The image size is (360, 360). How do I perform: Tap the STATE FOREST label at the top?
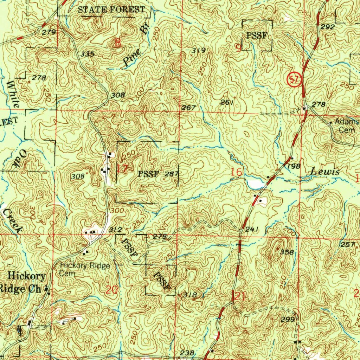pyautogui.click(x=111, y=9)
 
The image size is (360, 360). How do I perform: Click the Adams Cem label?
pyautogui.click(x=346, y=126)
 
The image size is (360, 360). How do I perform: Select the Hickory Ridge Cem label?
pyautogui.click(x=85, y=269)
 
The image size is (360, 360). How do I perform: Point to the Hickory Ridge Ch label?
pyautogui.click(x=23, y=282)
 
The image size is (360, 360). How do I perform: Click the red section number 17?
pyautogui.click(x=122, y=168)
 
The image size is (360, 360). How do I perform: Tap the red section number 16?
pyautogui.click(x=237, y=172)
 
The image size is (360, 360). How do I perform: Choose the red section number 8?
pyautogui.click(x=117, y=43)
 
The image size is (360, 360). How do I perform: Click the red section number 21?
pyautogui.click(x=239, y=296)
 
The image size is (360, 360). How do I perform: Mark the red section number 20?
pyautogui.click(x=112, y=290)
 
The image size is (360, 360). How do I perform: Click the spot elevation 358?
pyautogui.click(x=287, y=252)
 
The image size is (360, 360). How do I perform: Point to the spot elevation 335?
pyautogui.click(x=87, y=54)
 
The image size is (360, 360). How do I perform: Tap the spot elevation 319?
pyautogui.click(x=198, y=50)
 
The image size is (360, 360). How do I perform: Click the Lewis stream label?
pyautogui.click(x=325, y=172)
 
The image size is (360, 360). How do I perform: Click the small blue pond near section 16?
pyautogui.click(x=255, y=183)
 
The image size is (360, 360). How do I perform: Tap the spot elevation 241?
pyautogui.click(x=252, y=229)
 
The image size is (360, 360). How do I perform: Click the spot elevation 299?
pyautogui.click(x=287, y=319)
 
